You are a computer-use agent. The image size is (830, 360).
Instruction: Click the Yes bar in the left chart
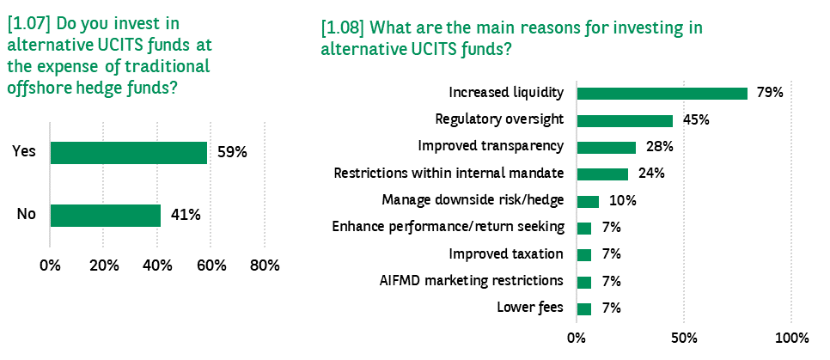tap(129, 152)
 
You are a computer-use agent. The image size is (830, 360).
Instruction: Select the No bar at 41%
tap(106, 216)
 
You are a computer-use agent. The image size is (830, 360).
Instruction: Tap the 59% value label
tap(232, 152)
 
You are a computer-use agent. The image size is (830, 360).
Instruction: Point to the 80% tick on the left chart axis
tap(264, 265)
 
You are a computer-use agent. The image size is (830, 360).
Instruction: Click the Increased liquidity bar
tap(662, 93)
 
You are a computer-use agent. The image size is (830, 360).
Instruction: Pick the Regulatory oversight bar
tap(626, 120)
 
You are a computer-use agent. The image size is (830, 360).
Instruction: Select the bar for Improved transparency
tap(607, 147)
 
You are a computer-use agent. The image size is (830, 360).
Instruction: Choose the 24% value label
tap(651, 174)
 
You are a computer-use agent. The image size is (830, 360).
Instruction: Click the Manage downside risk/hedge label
tap(473, 201)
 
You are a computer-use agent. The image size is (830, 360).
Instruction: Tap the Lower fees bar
tap(584, 309)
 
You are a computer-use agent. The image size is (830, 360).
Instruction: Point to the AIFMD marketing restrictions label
tap(471, 280)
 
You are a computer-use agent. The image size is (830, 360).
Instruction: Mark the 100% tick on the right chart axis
tap(791, 338)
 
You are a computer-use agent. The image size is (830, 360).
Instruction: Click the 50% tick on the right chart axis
tap(684, 338)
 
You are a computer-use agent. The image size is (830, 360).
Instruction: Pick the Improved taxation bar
tap(584, 255)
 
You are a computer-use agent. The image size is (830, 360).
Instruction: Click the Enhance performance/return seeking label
tap(448, 227)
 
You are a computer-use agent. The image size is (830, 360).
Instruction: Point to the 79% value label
tap(770, 93)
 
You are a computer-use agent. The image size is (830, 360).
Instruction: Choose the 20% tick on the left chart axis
tap(104, 265)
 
